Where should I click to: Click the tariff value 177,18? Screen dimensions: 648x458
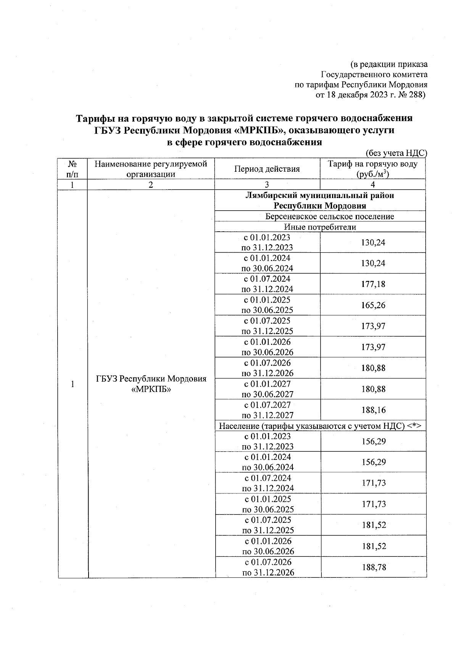(x=373, y=284)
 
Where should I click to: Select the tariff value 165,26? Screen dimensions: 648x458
(x=373, y=305)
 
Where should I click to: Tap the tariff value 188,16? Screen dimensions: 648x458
(x=374, y=410)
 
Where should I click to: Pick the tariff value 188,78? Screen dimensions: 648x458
(x=374, y=567)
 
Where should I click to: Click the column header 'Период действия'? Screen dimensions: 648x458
(x=267, y=169)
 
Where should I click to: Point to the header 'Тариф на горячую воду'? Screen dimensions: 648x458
(x=373, y=164)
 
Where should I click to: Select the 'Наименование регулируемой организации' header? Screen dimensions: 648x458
(x=151, y=169)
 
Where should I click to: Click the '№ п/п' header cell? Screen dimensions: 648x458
(x=72, y=169)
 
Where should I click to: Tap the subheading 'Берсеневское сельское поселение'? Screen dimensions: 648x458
(x=330, y=216)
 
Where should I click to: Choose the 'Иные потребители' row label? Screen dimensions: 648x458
(x=320, y=227)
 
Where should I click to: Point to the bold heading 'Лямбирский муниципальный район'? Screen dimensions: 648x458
(x=320, y=196)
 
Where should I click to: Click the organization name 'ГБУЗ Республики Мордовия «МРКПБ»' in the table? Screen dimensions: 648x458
(x=151, y=384)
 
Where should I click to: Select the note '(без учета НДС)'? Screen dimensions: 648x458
(x=396, y=153)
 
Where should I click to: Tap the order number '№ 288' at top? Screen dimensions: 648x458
(x=411, y=95)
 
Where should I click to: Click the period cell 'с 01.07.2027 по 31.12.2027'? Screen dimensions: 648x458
(x=268, y=410)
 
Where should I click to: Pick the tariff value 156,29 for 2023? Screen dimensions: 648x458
(x=374, y=442)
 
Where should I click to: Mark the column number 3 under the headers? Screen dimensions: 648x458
(x=267, y=185)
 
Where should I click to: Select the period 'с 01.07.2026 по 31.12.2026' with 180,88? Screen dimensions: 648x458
(x=268, y=368)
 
